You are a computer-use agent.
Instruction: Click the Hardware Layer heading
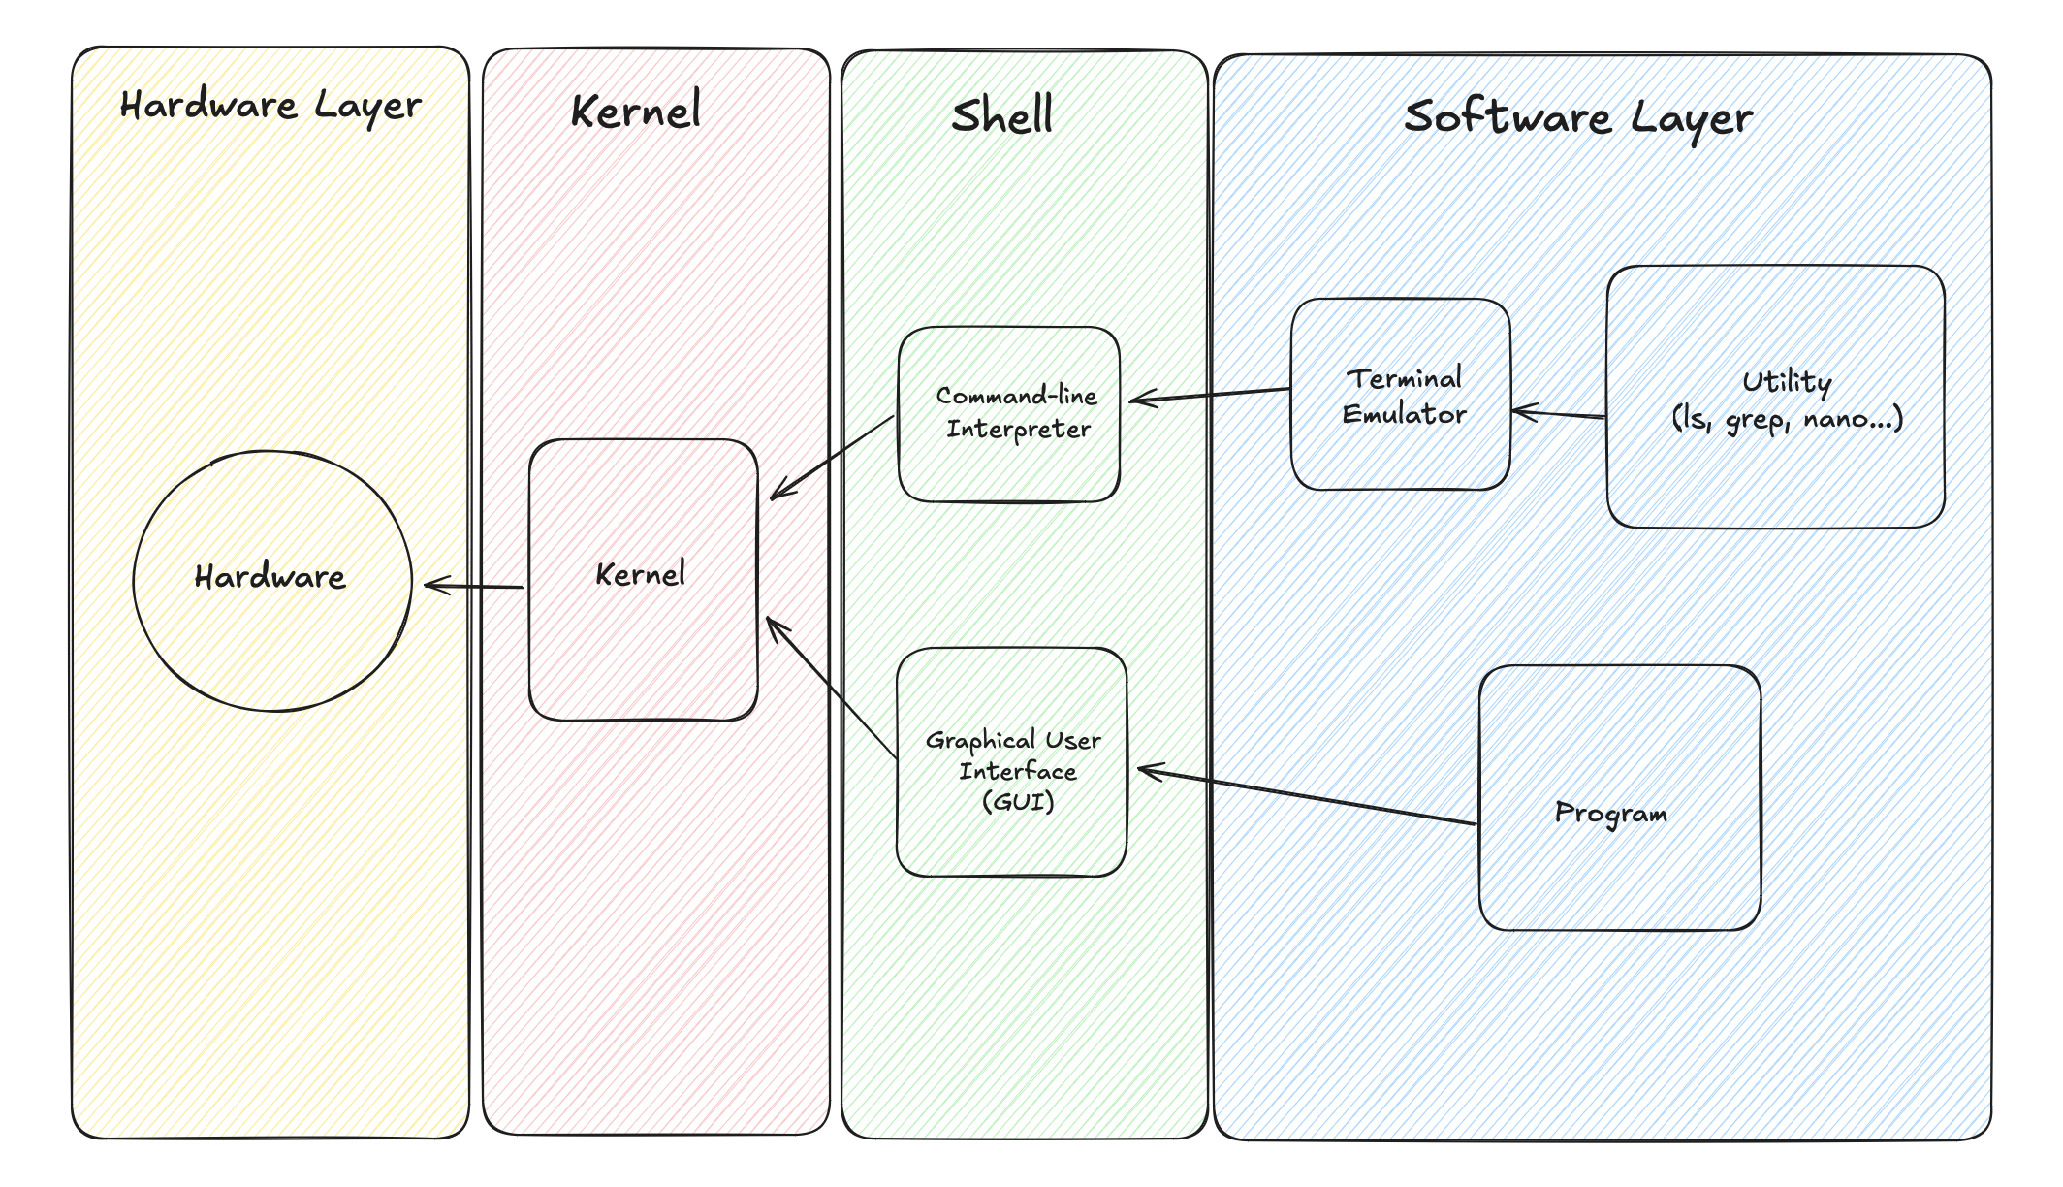[x=270, y=105]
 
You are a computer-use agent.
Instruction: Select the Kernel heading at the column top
[x=636, y=112]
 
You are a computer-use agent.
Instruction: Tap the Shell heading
[x=1001, y=116]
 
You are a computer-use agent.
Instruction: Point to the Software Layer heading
[x=1578, y=117]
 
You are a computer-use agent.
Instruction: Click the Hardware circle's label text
[x=270, y=577]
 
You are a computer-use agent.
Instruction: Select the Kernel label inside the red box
[x=640, y=574]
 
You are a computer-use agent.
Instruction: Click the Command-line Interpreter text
[x=1017, y=412]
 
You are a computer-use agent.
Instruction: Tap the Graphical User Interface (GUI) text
[x=1015, y=770]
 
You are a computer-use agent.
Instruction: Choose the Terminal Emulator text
[x=1404, y=396]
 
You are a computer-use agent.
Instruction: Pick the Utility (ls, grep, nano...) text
[x=1787, y=400]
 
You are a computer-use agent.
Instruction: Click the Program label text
[x=1610, y=813]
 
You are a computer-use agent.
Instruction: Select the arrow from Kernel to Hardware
[x=475, y=586]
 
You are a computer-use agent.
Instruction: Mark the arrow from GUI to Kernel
[x=832, y=687]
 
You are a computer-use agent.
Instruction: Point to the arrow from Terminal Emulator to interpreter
[x=1210, y=395]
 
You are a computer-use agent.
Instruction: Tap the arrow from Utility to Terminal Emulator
[x=1559, y=414]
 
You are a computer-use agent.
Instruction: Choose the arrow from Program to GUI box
[x=1307, y=797]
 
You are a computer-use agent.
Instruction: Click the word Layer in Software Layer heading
[x=1691, y=119]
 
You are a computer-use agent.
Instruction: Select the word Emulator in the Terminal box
[x=1404, y=414]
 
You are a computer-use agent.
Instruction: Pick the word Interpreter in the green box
[x=1018, y=429]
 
